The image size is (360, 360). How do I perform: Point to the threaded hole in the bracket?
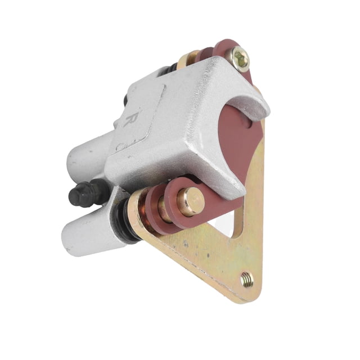(247, 280)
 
